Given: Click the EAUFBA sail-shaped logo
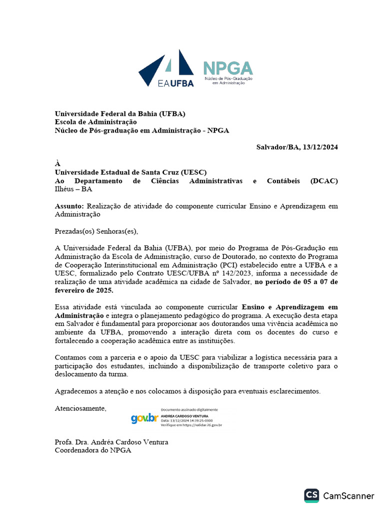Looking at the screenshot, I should pos(166,69).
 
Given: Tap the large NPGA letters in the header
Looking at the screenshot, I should pos(227,68).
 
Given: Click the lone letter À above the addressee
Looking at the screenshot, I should pos(57,163).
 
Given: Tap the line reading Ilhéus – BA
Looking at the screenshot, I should pos(73,189).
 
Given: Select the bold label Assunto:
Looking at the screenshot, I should pos(69,206).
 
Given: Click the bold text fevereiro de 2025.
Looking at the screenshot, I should pos(84,290).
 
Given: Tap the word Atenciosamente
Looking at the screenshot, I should pos(80,408).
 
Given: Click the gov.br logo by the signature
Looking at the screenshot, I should pos(144,418).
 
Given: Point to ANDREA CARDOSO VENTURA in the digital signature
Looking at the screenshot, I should pos(184,416).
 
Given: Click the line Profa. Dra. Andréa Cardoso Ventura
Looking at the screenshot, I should pos(111,442).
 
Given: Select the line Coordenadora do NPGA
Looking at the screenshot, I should pos(93,450).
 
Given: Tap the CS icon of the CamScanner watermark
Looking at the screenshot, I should pos(311,495).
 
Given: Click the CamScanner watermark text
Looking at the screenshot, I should pos(348,496).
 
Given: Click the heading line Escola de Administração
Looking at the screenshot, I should pos(95,122).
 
